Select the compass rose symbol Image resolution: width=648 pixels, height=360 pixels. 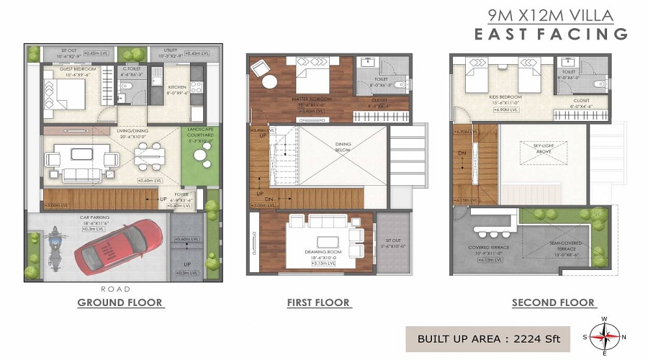[605, 335]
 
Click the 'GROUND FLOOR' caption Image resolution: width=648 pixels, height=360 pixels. [120, 302]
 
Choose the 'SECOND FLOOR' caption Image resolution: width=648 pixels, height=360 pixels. [553, 302]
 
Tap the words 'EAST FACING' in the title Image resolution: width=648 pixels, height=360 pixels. [550, 34]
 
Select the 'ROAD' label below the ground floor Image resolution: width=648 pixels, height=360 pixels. [116, 289]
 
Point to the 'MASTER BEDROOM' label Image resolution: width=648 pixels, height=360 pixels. [311, 99]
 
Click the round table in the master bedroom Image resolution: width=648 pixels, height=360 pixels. [269, 81]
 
